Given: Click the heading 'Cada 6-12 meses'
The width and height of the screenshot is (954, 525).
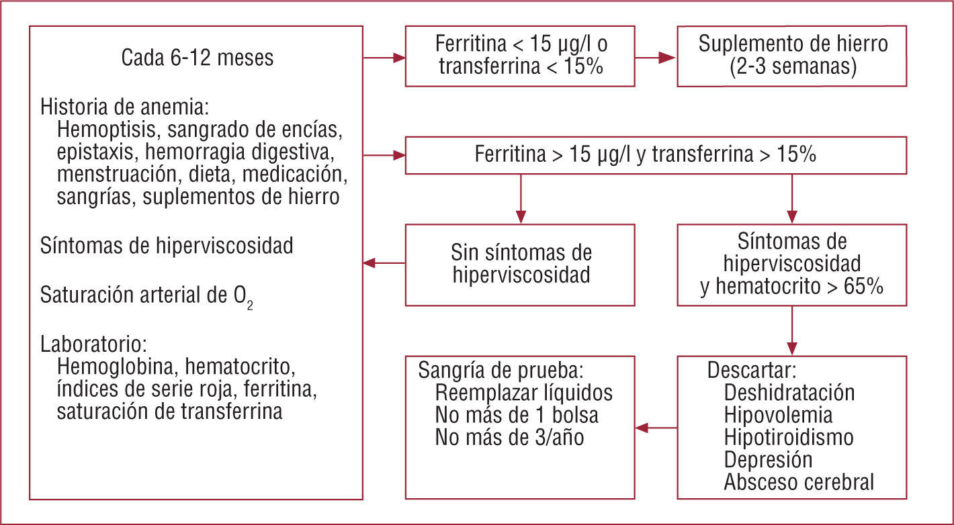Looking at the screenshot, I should click(198, 58).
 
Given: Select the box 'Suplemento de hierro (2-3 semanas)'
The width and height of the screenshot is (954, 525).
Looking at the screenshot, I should click(793, 56).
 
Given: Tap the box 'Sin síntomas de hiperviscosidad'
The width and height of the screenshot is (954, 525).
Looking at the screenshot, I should click(521, 265).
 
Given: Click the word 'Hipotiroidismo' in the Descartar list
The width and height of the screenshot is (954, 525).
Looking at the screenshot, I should click(789, 438).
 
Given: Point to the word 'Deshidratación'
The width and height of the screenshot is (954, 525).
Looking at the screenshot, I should click(789, 393).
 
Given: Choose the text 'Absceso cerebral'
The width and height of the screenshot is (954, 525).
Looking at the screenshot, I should click(799, 482).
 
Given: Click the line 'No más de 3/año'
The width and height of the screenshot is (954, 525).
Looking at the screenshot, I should click(509, 438).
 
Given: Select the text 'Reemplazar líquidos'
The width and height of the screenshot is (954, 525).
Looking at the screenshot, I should click(524, 393).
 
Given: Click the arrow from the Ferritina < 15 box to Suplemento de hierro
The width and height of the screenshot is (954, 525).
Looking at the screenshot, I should click(655, 58).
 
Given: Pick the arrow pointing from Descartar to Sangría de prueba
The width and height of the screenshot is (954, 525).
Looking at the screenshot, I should click(656, 427).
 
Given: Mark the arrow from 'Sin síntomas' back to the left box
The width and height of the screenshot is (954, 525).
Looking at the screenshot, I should click(384, 263).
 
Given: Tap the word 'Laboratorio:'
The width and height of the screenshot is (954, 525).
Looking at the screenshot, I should click(93, 345).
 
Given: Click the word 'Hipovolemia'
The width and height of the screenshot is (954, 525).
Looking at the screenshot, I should click(778, 416).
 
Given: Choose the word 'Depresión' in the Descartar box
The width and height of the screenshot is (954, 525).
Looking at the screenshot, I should click(768, 460).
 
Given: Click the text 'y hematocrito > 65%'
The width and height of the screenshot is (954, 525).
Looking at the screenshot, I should click(792, 287).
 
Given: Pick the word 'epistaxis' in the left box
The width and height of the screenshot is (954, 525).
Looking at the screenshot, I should click(95, 152).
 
